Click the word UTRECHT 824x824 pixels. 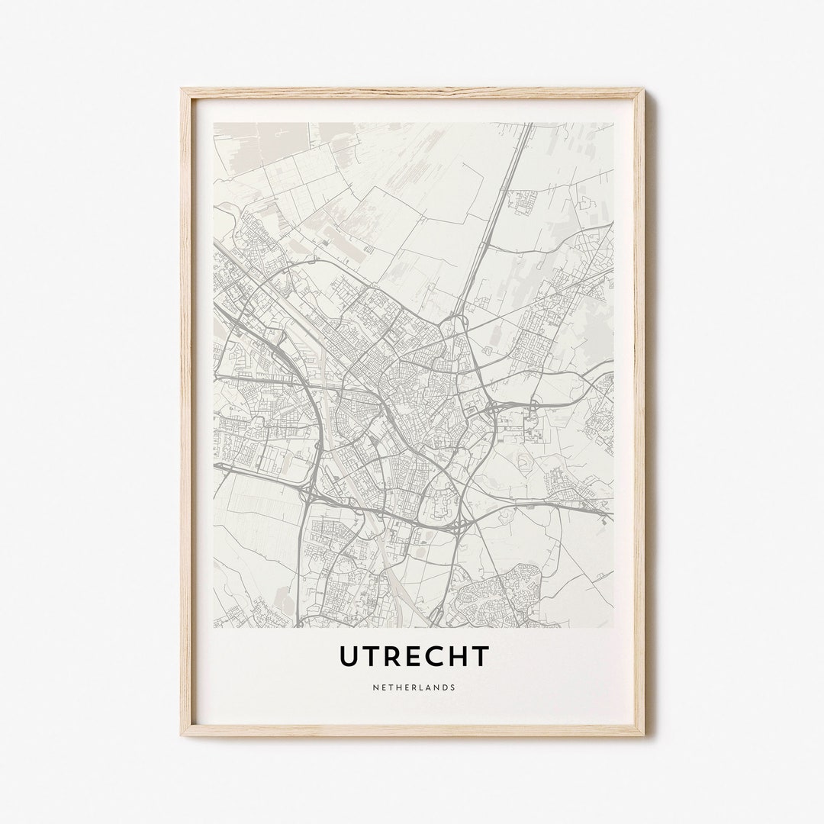tap(414, 655)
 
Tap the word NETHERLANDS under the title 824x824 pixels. tap(414, 687)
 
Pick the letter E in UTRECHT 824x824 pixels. tap(413, 655)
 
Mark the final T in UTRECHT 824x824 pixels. tap(479, 655)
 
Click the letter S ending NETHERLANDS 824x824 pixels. tap(453, 687)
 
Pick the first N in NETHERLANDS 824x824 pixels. tap(375, 687)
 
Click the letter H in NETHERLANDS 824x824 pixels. tap(397, 687)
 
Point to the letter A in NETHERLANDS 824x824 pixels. tap(424, 687)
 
